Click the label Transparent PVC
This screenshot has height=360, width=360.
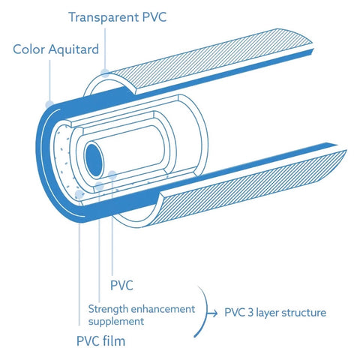(118, 16)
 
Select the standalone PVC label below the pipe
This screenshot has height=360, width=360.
(123, 285)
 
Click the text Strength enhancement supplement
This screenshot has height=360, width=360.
(141, 314)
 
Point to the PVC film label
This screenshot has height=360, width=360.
(100, 342)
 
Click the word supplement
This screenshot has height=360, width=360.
(117, 321)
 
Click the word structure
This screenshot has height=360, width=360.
(304, 312)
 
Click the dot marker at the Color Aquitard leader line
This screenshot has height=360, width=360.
(50, 102)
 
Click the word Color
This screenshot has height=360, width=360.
(28, 50)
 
